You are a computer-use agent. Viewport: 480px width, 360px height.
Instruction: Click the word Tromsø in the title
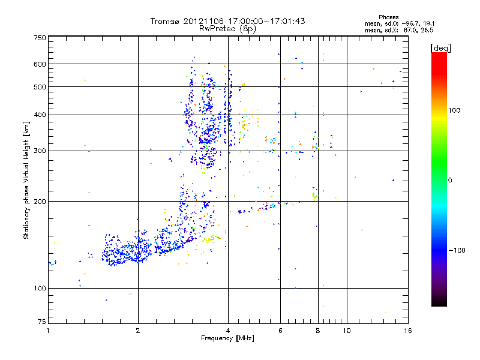tap(165, 21)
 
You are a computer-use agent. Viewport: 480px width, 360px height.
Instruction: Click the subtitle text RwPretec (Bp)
tap(228, 28)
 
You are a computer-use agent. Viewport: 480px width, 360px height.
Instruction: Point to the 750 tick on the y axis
tap(40, 38)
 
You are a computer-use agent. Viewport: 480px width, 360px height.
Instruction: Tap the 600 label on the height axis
tap(40, 64)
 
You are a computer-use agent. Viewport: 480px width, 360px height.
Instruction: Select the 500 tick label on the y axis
tap(40, 87)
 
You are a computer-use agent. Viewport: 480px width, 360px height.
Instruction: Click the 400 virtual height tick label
tap(40, 115)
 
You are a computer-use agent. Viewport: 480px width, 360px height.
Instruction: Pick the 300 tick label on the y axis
tap(40, 151)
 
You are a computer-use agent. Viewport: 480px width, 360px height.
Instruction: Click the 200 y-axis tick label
tap(40, 202)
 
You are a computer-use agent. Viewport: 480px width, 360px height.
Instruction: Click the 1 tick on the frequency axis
tap(48, 331)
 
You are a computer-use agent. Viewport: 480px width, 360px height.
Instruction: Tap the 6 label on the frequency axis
tap(280, 331)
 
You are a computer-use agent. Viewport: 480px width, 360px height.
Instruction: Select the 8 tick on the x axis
tap(317, 331)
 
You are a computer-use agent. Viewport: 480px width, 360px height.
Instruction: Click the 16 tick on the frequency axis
tap(407, 331)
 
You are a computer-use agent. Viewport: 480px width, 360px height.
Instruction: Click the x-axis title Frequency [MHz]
tap(227, 339)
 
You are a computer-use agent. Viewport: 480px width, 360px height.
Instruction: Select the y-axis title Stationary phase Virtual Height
tap(26, 180)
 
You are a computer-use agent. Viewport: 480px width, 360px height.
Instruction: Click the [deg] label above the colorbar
tap(441, 47)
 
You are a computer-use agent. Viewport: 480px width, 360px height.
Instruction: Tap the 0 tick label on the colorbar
tap(451, 180)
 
